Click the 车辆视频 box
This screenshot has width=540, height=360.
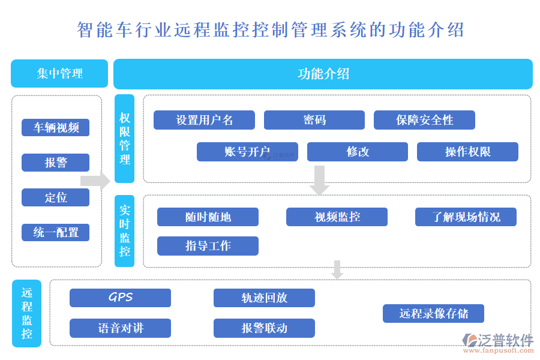click(x=55, y=127)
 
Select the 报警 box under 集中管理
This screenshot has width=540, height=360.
click(x=55, y=163)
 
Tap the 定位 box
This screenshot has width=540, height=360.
click(x=55, y=197)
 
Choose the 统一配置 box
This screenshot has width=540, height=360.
click(x=55, y=232)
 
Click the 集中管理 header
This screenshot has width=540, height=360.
click(x=59, y=74)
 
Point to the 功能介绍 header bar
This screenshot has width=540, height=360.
click(x=323, y=74)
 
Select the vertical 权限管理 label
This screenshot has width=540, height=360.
click(x=125, y=139)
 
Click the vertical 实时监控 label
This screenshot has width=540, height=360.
click(x=125, y=231)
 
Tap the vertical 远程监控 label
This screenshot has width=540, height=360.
click(x=27, y=313)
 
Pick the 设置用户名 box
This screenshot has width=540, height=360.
click(x=204, y=120)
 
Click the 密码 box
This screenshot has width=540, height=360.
click(x=314, y=120)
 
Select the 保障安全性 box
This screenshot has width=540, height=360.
click(x=424, y=120)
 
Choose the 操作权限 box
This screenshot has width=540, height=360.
click(x=467, y=152)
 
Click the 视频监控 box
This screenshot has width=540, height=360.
click(x=337, y=217)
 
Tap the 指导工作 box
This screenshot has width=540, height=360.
click(x=208, y=245)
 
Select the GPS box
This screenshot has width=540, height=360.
click(x=120, y=298)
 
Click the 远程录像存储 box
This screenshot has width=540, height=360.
click(x=433, y=313)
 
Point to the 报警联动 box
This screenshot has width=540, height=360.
click(x=264, y=328)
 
